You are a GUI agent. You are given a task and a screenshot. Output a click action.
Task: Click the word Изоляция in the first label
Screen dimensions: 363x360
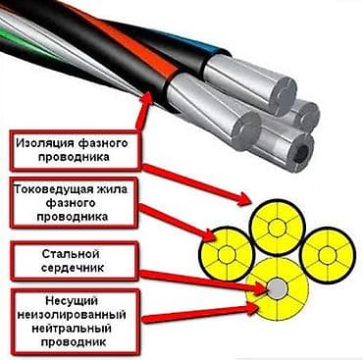[x=43, y=143]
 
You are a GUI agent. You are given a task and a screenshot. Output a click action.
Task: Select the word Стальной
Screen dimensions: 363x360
[x=71, y=254]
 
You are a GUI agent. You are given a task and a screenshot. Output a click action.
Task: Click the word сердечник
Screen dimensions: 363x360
[x=73, y=268]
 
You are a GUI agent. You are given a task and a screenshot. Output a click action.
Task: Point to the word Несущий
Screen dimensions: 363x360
[x=72, y=300]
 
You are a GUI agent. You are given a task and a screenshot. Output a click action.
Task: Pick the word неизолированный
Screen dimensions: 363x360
[x=72, y=314]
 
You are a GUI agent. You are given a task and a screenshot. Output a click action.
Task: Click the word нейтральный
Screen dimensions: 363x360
[x=72, y=328]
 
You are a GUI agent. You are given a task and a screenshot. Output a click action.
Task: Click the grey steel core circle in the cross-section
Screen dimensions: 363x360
[x=278, y=288]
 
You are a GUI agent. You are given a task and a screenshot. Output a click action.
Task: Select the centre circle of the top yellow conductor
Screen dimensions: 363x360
[x=278, y=228]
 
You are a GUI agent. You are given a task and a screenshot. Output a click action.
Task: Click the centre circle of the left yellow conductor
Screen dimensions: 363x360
[x=227, y=254]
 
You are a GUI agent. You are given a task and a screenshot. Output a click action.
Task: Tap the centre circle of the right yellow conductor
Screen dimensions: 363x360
[x=327, y=254]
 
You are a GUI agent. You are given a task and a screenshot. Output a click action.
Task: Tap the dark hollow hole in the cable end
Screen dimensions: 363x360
[x=303, y=151]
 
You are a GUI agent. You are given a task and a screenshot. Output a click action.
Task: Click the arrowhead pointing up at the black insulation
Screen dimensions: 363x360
[x=148, y=98]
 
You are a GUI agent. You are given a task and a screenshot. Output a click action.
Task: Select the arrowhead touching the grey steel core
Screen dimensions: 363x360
[x=262, y=287]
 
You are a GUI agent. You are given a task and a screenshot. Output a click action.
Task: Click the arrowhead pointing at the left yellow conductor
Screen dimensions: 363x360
[x=209, y=236]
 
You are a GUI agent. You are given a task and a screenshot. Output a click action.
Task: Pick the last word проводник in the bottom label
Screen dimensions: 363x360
[x=73, y=342]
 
